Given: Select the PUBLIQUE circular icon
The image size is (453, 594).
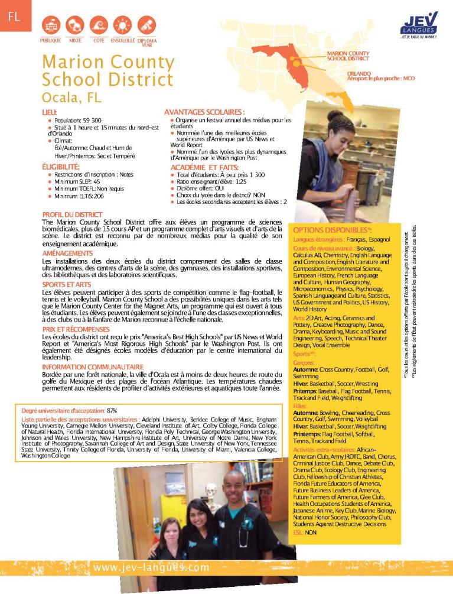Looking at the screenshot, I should point(50,25).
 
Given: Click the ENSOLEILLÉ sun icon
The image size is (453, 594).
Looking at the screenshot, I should point(123,25).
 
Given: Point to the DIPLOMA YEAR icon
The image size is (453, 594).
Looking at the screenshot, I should point(146,25).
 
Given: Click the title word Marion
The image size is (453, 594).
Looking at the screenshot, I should point(76,62).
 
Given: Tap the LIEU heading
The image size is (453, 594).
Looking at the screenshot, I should point(50,111).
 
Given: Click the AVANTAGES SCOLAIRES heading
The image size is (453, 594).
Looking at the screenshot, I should point(204,111).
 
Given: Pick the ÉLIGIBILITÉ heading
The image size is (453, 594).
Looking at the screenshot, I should point(65,167).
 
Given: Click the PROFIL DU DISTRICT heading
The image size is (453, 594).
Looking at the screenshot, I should point(72,214).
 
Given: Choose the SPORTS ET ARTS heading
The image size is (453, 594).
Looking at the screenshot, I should point(66,285).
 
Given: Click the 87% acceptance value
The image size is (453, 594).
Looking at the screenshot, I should point(112,410).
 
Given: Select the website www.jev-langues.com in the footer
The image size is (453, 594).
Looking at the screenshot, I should point(151,567).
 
